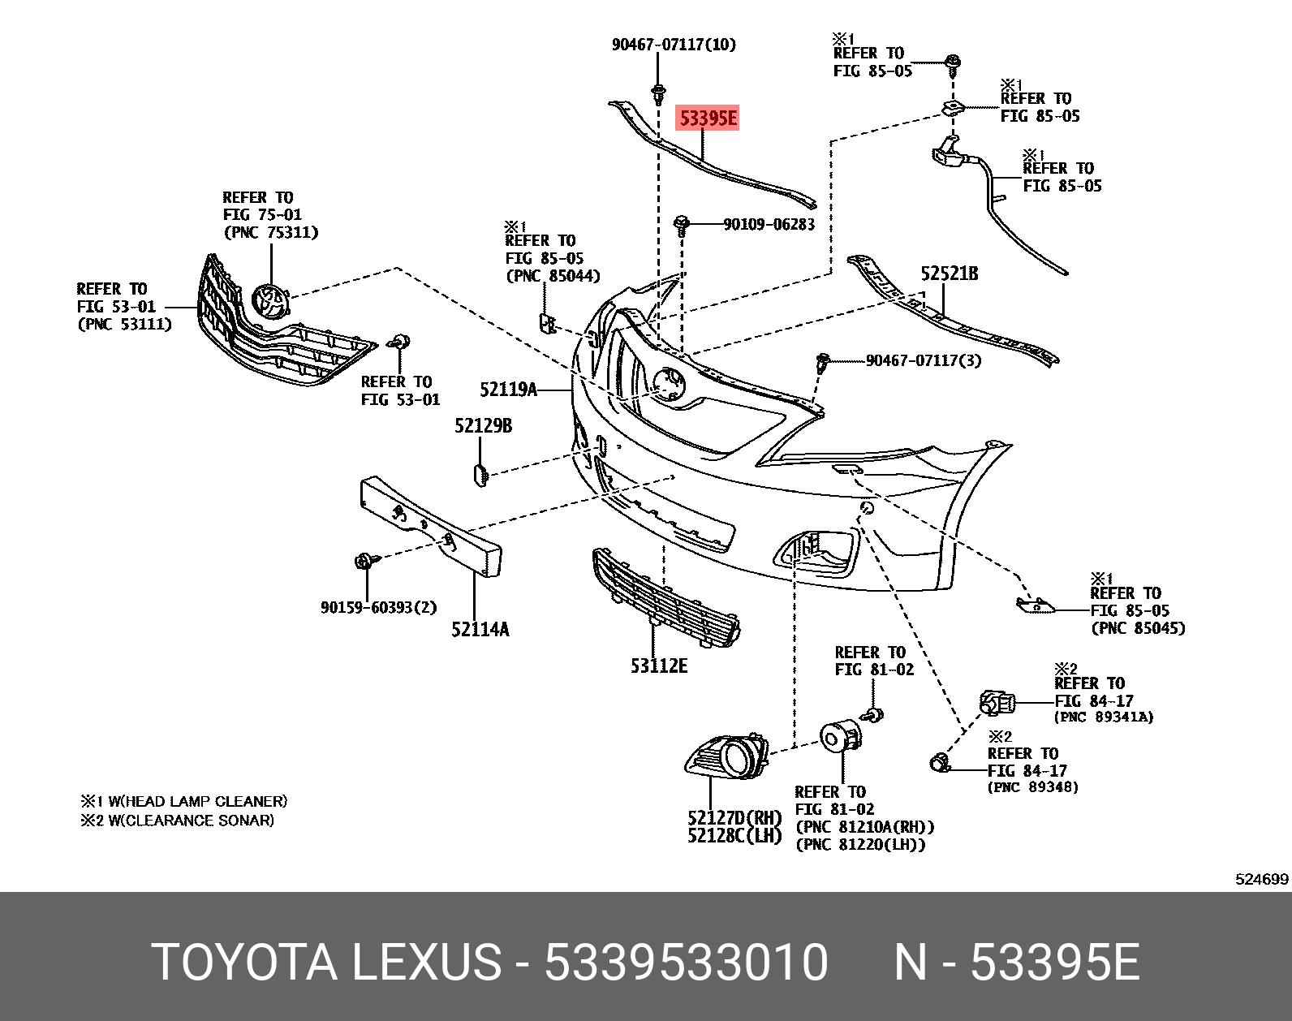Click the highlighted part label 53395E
point(708,119)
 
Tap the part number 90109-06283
point(769,224)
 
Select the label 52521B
point(949,274)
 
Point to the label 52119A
point(508,390)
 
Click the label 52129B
point(483,425)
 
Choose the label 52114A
point(480,629)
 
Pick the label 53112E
point(658,666)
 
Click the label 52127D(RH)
point(734,817)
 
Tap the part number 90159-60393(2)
point(378,607)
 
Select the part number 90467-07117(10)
point(674,45)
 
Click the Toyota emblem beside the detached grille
point(269,303)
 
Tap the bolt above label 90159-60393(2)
point(364,560)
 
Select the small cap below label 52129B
point(479,475)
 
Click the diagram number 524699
point(1261,879)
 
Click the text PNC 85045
point(1138,628)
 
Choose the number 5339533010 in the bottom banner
point(686,962)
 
